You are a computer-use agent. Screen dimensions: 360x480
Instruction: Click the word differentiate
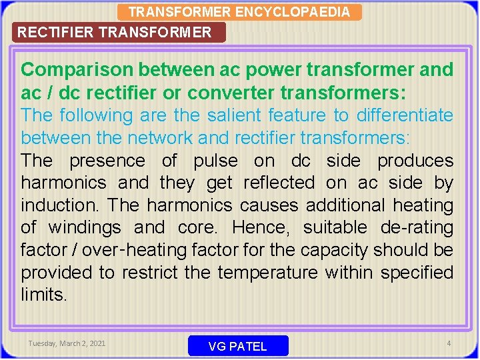pyautogui.click(x=405, y=115)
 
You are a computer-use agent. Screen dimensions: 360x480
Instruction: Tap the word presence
pyautogui.click(x=107, y=161)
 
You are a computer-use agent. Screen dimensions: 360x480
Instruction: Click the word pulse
pyautogui.click(x=216, y=161)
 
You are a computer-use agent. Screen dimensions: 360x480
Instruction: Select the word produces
pyautogui.click(x=415, y=161)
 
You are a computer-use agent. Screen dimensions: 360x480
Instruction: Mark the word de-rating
pyautogui.click(x=417, y=228)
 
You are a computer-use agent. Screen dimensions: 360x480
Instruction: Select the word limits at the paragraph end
pyautogui.click(x=44, y=295)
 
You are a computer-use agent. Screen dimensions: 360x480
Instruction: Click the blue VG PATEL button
pyautogui.click(x=238, y=346)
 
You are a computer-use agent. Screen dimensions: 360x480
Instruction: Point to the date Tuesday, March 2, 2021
pyautogui.click(x=67, y=343)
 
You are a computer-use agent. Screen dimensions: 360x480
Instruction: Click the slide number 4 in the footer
pyautogui.click(x=449, y=343)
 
